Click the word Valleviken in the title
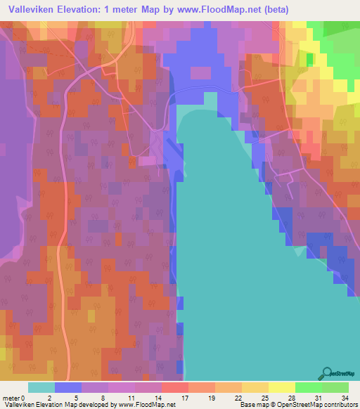tap(30, 10)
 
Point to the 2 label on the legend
tap(49, 397)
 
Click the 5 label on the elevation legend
tap(76, 397)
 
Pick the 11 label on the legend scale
tap(131, 397)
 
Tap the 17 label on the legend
tap(185, 397)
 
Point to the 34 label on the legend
tap(344, 397)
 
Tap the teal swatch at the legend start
tap(41, 387)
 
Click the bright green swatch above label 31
tap(309, 387)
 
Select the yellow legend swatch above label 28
tap(281, 387)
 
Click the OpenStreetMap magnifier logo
tap(328, 374)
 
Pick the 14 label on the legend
tap(157, 397)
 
